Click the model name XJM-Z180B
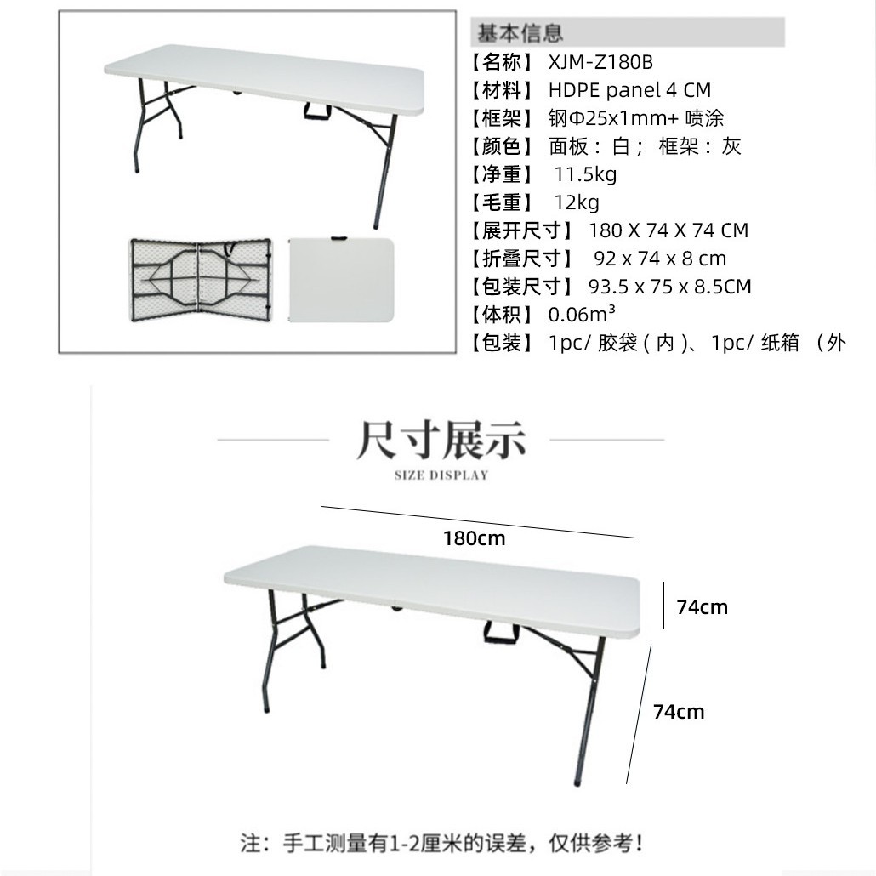pos(600,62)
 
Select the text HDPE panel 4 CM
pos(629,90)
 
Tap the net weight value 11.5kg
pos(585,174)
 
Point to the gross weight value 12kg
pos(576,202)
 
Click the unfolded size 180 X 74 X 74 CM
pos(668,230)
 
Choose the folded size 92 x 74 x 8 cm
pos(660,259)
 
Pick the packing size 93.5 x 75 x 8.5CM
pos(670,287)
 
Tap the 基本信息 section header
pos(520,34)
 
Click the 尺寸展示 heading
pos(441,440)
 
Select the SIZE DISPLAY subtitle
pos(441,475)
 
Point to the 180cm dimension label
pos(474,538)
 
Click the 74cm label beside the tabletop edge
pos(702,607)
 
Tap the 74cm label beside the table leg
pos(679,712)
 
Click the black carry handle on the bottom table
pos(502,632)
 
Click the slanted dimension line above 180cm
pos(478,521)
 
